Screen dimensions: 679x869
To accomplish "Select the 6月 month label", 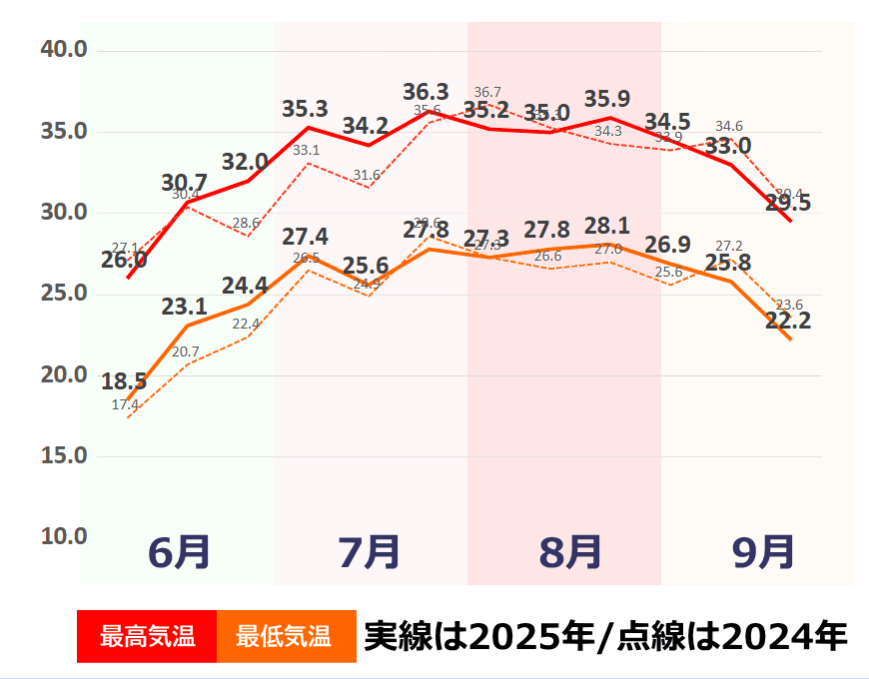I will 179,551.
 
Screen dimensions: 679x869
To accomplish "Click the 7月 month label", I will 370,551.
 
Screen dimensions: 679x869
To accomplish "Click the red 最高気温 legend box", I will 147,636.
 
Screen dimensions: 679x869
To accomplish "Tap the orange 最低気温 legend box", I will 286,636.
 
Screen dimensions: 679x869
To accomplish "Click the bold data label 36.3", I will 426,92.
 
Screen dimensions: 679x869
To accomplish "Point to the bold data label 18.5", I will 124,381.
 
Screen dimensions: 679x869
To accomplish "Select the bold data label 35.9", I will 607,99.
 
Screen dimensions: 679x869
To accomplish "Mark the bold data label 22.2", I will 787,322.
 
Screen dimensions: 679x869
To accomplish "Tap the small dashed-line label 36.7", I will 487,93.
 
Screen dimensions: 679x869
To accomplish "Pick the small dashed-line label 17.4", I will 125,404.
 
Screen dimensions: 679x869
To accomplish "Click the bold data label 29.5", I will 787,203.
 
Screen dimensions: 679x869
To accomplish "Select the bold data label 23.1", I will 184,307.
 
